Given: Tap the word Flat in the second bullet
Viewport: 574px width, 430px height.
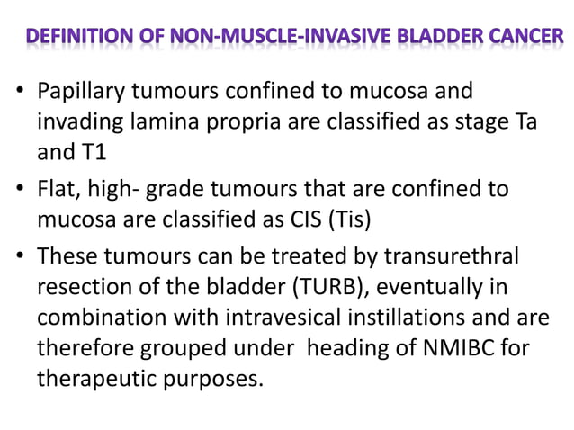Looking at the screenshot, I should tap(56, 190).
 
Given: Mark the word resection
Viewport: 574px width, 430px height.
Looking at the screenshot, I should tap(79, 287).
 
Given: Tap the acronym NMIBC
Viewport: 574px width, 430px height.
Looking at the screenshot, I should tap(459, 347).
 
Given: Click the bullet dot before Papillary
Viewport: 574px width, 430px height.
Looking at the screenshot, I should tap(20, 93).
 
